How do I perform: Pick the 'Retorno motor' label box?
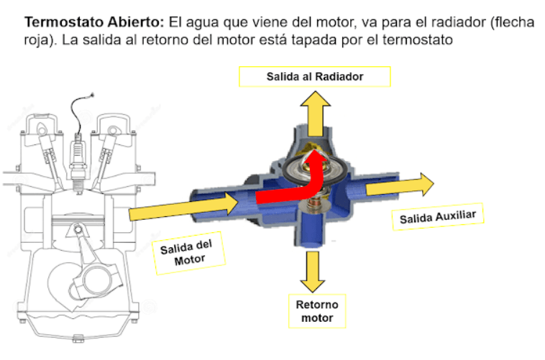[x=316, y=311]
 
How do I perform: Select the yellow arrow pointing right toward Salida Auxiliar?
[x=400, y=186]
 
